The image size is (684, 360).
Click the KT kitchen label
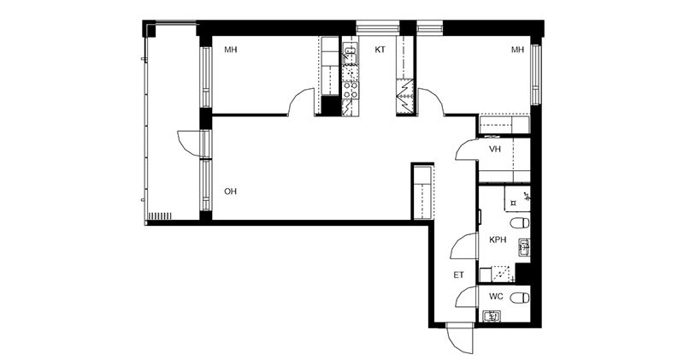(x=380, y=50)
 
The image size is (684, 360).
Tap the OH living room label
(x=230, y=192)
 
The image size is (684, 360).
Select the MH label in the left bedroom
(x=230, y=50)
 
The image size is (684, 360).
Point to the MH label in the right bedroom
(x=517, y=50)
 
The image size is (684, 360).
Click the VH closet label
(x=495, y=150)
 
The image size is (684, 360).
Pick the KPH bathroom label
(x=498, y=239)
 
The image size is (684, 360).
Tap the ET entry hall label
(x=458, y=274)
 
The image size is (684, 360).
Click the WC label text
(x=496, y=297)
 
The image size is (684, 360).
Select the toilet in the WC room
(x=520, y=298)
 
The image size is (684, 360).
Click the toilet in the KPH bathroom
(x=520, y=223)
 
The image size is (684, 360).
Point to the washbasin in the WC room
(x=492, y=316)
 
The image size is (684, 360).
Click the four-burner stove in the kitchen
(x=351, y=90)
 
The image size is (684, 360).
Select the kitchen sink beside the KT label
(x=350, y=53)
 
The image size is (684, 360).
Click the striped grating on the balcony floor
(x=160, y=216)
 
